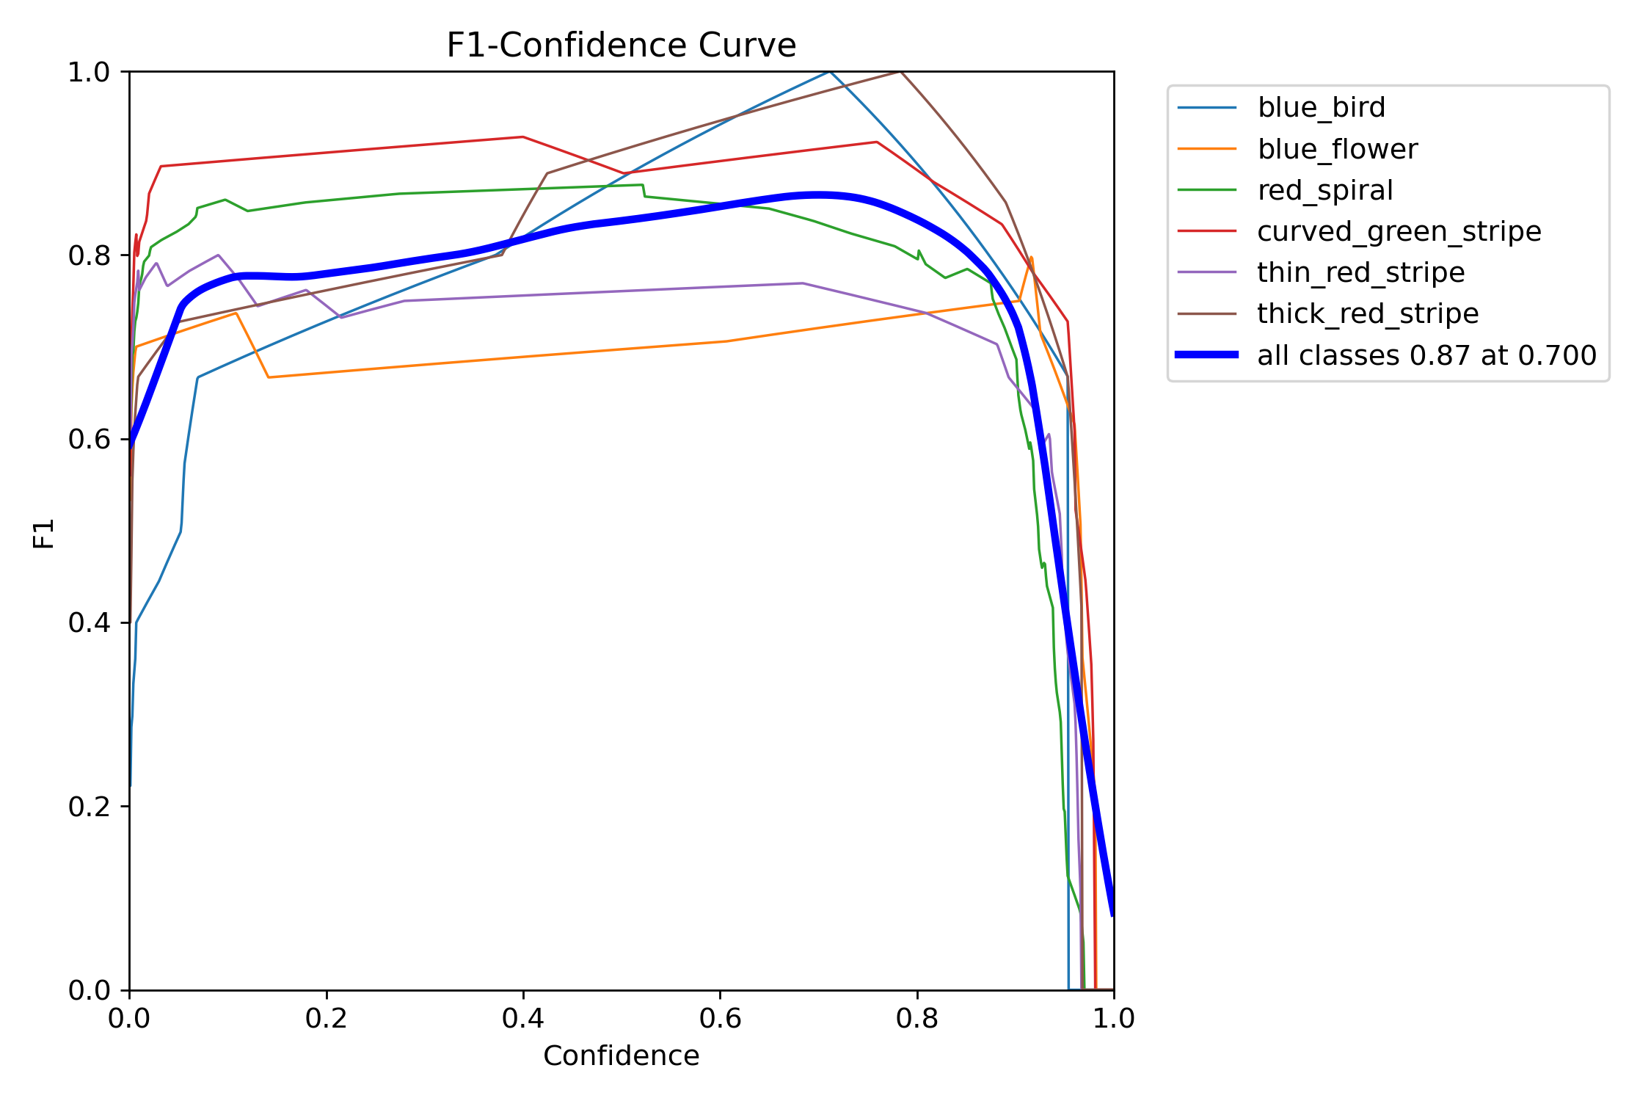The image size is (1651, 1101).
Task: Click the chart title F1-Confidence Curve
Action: click(621, 46)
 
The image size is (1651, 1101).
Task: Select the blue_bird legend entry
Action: click(1321, 108)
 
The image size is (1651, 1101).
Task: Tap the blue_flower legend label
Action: click(1337, 150)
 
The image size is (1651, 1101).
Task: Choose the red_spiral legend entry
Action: click(1324, 191)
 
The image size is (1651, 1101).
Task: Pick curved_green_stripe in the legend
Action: click(1399, 232)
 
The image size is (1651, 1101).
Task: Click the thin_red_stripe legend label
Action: click(1360, 273)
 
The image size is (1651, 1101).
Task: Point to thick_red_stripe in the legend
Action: click(1368, 314)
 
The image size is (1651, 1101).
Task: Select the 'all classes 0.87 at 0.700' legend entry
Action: click(1426, 356)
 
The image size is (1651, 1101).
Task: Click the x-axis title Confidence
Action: click(621, 1056)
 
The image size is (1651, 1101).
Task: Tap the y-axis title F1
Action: click(44, 534)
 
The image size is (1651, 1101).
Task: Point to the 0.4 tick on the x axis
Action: click(523, 1019)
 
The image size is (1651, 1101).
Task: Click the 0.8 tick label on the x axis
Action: click(916, 1019)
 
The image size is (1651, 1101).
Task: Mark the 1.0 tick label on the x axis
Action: click(1113, 1019)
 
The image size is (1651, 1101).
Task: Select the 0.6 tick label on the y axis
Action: click(89, 440)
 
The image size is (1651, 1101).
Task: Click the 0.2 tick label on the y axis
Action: click(89, 807)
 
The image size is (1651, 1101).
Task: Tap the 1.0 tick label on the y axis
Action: click(89, 73)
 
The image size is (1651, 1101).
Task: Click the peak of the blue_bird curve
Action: click(829, 72)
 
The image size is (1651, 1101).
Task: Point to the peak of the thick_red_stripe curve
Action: click(900, 72)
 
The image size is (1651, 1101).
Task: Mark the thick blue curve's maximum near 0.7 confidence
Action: click(818, 195)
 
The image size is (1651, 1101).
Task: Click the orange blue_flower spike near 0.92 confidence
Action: click(1031, 258)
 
